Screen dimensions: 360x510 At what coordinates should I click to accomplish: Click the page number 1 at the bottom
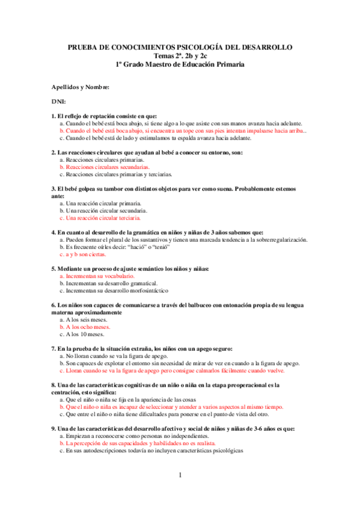click(180, 476)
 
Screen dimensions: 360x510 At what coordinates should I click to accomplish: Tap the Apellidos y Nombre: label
click(80, 88)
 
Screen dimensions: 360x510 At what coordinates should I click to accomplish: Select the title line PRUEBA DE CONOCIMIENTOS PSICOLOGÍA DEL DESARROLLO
click(180, 47)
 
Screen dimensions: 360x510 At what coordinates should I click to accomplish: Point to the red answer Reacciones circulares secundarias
click(108, 167)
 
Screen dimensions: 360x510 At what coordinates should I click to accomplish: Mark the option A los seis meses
click(85, 320)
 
